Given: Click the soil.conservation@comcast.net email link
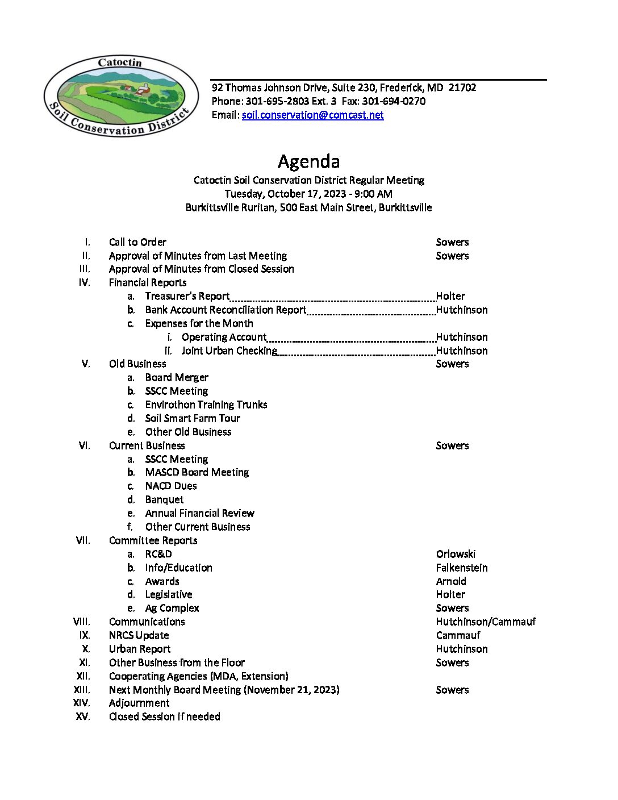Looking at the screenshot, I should coord(312,115).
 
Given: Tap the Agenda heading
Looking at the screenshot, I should coord(308,161).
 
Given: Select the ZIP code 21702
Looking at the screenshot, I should coord(462,88).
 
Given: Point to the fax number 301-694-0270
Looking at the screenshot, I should coord(394,101).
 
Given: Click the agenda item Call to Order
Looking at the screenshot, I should coord(137,242).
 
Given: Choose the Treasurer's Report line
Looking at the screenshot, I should coord(187,296).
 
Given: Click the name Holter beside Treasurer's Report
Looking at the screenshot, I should coord(450,296).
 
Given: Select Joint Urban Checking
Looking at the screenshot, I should coord(229,351).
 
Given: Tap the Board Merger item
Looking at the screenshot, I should coord(177,377).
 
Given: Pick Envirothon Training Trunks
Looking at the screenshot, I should coord(206,405).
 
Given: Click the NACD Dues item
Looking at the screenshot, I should coord(171,486).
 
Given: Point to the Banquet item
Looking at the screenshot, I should coord(164,499).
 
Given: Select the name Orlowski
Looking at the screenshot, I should coord(456,554).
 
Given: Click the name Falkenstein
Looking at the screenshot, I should coord(462,568).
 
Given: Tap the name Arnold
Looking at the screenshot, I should coord(451,581).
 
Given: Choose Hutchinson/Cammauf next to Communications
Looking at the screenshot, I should coord(486,622).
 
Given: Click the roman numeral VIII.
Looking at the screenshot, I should coord(82,622).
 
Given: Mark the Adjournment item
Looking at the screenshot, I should coord(139,703).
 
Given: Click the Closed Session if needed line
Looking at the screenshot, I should coord(164,716).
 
